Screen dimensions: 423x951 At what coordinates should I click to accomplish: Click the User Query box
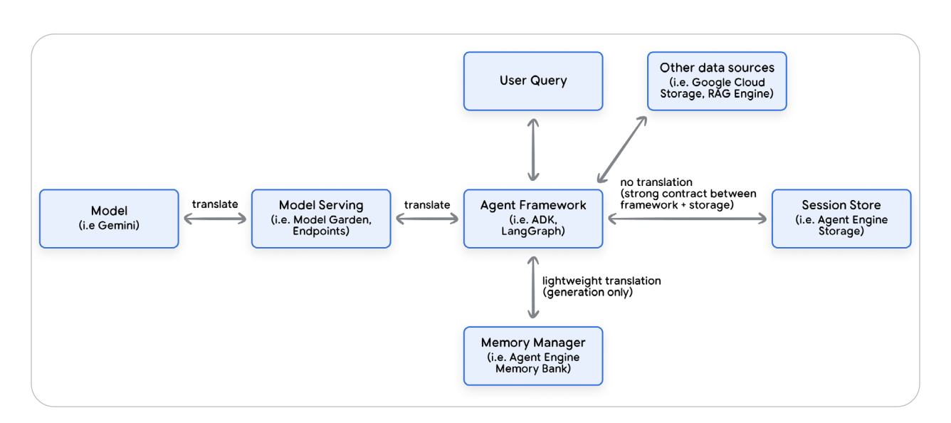coord(532,80)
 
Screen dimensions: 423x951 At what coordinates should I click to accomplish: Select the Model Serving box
coord(320,218)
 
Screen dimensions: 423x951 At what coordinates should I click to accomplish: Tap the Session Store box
coord(841,218)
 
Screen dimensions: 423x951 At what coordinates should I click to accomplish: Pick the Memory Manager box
coord(532,355)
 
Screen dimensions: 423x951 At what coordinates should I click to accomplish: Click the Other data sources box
coord(716,80)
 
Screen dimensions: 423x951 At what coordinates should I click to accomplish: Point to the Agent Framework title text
coord(532,205)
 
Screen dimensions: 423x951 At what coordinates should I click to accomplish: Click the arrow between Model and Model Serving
coord(214,219)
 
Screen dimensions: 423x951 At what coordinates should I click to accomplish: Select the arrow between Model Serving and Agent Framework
coord(426,219)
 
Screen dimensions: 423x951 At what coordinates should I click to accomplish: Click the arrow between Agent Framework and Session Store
coord(687,219)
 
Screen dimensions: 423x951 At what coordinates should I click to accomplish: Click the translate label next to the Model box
coord(215,204)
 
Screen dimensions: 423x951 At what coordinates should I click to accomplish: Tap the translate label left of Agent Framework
coord(427,204)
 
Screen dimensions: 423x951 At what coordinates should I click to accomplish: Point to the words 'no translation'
coord(656,182)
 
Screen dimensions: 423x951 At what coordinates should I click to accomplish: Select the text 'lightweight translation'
coord(601,281)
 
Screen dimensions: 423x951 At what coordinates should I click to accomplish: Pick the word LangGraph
coord(533,231)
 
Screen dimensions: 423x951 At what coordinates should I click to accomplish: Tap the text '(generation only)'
coord(587,292)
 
